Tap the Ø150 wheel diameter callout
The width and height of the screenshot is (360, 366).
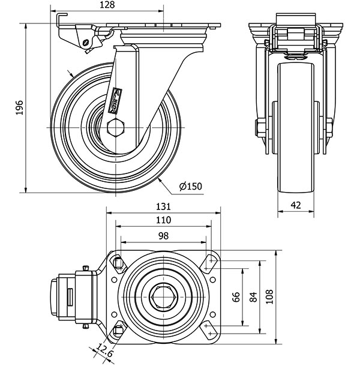click(190, 186)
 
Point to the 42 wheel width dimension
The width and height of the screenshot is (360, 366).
click(295, 205)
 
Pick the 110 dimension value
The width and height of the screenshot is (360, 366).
click(163, 220)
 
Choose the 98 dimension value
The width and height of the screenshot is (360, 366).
click(163, 236)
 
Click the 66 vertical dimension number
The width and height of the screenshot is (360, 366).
click(236, 297)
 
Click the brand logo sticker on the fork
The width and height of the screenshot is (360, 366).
click(116, 100)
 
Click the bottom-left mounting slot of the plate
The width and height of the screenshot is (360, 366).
click(118, 329)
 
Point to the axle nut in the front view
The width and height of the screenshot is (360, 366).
click(259, 128)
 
